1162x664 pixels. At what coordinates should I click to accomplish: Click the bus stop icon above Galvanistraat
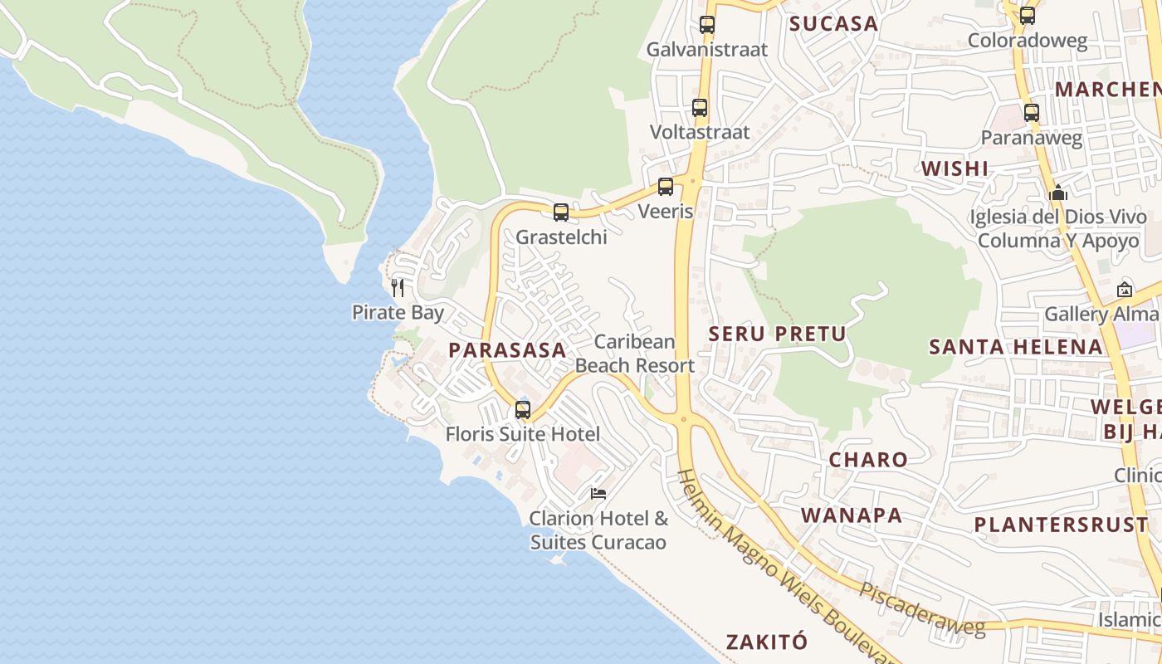[x=706, y=25]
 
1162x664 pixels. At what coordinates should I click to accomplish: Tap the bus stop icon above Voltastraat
[x=700, y=108]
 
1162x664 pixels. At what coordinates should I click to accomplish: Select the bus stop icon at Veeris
[x=666, y=187]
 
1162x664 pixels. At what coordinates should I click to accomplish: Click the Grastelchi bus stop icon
[x=561, y=212]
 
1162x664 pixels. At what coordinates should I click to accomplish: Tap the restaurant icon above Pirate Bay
[x=398, y=288]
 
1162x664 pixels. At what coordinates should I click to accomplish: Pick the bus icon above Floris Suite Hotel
[x=522, y=409]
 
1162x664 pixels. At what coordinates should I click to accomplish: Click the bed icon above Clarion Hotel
[x=598, y=494]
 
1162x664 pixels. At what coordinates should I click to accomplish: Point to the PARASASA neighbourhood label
[x=507, y=350]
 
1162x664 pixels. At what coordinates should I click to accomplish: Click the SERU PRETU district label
[x=777, y=334]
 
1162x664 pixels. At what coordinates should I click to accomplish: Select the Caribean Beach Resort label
[x=635, y=354]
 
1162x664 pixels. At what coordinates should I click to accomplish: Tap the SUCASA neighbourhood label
[x=833, y=24]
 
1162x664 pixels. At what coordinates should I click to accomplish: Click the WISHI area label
[x=954, y=168]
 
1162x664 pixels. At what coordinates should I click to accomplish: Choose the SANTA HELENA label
[x=1016, y=347]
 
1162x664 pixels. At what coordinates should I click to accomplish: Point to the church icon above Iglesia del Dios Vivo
[x=1058, y=194]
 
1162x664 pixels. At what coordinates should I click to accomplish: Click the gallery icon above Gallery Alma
[x=1124, y=290]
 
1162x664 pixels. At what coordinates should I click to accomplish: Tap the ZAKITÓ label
[x=766, y=642]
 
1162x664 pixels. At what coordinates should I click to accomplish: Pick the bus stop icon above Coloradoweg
[x=1028, y=16]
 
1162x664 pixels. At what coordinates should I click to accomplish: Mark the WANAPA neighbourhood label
[x=852, y=515]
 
